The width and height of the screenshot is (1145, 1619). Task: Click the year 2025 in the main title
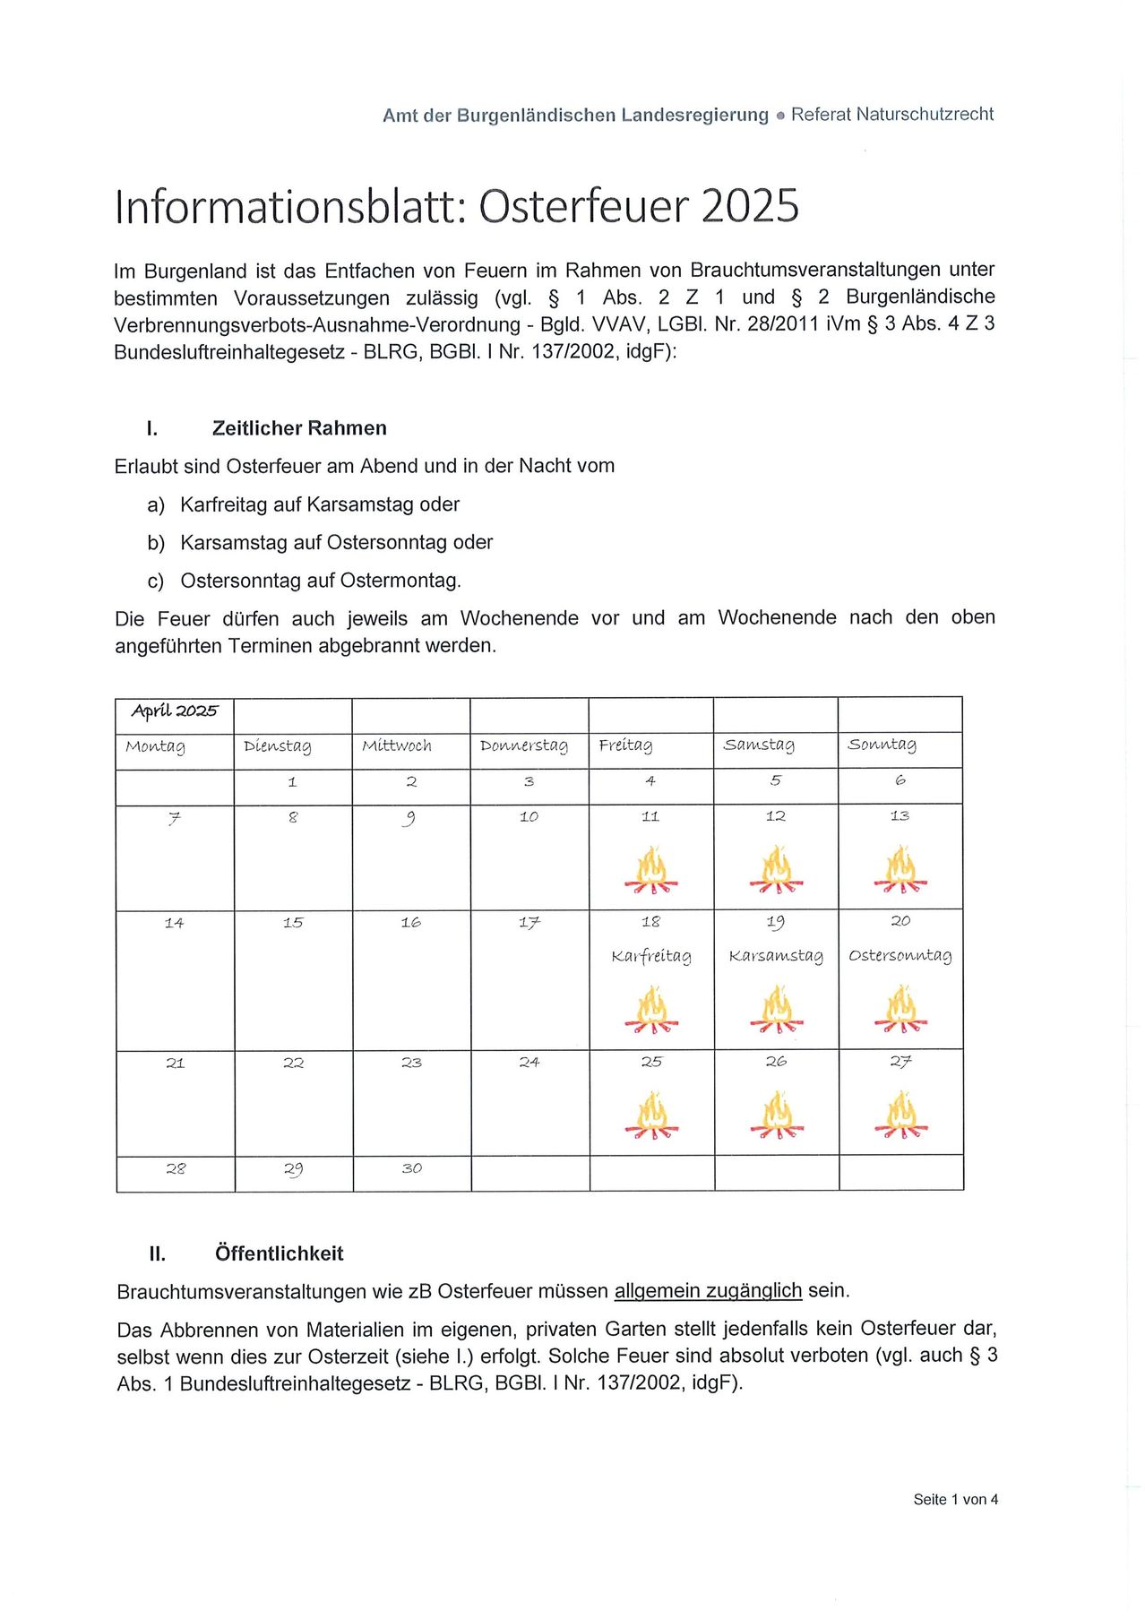pyautogui.click(x=750, y=206)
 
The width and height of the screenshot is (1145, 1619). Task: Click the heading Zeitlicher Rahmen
pyautogui.click(x=299, y=428)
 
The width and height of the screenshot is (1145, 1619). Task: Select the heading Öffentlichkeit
pyautogui.click(x=279, y=1253)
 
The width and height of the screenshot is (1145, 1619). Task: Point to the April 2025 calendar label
pyautogui.click(x=175, y=711)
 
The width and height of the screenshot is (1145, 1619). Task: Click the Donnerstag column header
pyautogui.click(x=524, y=745)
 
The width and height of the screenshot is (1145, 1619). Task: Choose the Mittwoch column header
pyautogui.click(x=397, y=745)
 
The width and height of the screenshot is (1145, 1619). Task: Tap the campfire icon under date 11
pyautogui.click(x=651, y=870)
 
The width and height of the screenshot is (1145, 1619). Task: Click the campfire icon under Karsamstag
pyautogui.click(x=776, y=1010)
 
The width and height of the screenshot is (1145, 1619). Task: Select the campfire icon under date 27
pyautogui.click(x=900, y=1115)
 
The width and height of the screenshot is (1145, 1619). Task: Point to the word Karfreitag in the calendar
pyautogui.click(x=651, y=956)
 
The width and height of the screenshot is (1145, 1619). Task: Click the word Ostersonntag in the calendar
pyautogui.click(x=900, y=955)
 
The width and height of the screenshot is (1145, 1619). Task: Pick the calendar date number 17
pyautogui.click(x=529, y=922)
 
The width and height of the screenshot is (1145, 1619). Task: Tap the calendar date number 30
pyautogui.click(x=412, y=1168)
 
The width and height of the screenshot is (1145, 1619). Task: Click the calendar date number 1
pyautogui.click(x=292, y=782)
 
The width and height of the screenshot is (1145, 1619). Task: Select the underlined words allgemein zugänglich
pyautogui.click(x=708, y=1291)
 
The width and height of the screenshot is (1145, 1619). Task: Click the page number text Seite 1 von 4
pyautogui.click(x=955, y=1500)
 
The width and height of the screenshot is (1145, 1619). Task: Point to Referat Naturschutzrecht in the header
pyautogui.click(x=892, y=115)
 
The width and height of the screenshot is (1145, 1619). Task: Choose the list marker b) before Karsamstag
pyautogui.click(x=156, y=543)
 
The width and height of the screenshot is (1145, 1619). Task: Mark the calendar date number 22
pyautogui.click(x=293, y=1064)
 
